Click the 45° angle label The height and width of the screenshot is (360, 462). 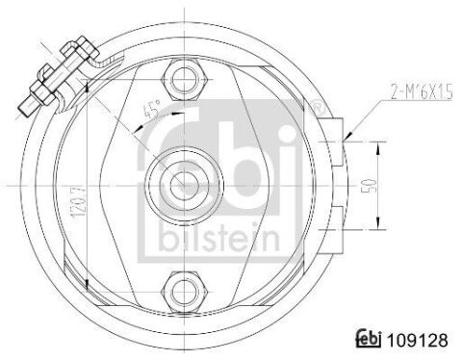[152, 109]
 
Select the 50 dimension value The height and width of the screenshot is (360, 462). [369, 186]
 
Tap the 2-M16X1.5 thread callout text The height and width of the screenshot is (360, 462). [422, 92]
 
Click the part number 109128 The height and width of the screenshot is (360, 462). [418, 340]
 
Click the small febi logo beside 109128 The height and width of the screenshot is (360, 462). [369, 339]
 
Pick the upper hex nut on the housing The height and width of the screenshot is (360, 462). [184, 79]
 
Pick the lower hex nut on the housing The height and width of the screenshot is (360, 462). [184, 292]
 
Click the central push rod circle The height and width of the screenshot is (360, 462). [184, 186]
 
